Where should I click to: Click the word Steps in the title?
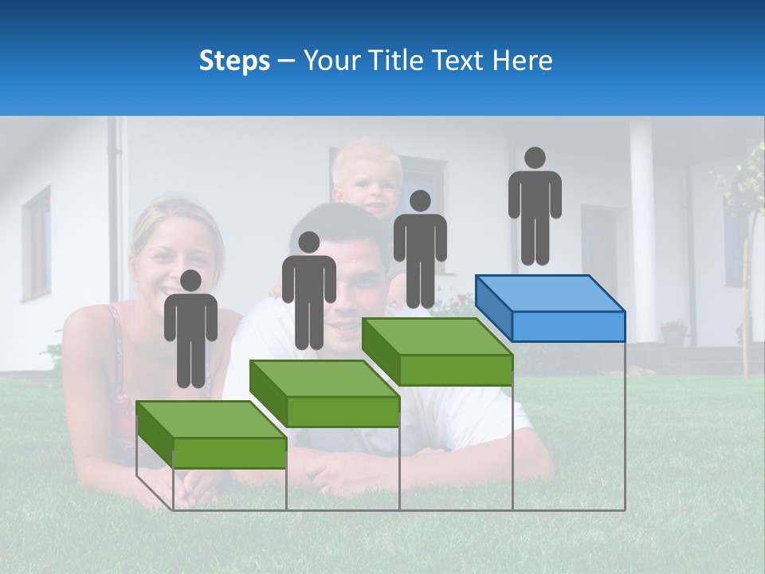pyautogui.click(x=234, y=61)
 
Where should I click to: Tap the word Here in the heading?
pyautogui.click(x=522, y=61)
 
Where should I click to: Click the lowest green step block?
pyautogui.click(x=211, y=434)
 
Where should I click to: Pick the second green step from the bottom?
pyautogui.click(x=324, y=393)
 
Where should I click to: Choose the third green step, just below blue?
pyautogui.click(x=437, y=352)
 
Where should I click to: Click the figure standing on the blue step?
pyautogui.click(x=535, y=207)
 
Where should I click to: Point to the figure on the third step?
pyautogui.click(x=420, y=250)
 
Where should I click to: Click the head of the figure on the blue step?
pyautogui.click(x=535, y=158)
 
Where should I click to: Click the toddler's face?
pyautogui.click(x=367, y=184)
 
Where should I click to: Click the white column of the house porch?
pyautogui.click(x=642, y=231)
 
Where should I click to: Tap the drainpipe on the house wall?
pyautogui.click(x=120, y=207)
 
